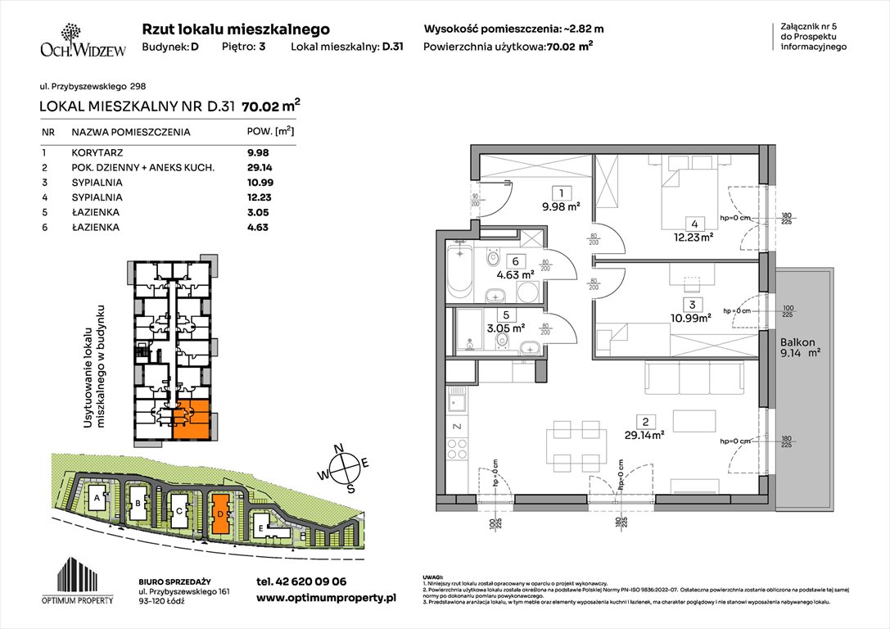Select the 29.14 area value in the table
[x=258, y=167]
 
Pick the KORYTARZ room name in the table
[x=95, y=152]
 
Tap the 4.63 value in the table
[x=258, y=227]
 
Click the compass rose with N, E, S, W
[x=348, y=466]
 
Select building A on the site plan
[x=97, y=496]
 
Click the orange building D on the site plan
[x=219, y=512]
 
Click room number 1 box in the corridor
[x=562, y=194]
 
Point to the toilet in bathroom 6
[x=492, y=260]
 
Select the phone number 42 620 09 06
[x=300, y=581]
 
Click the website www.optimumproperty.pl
[x=326, y=599]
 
